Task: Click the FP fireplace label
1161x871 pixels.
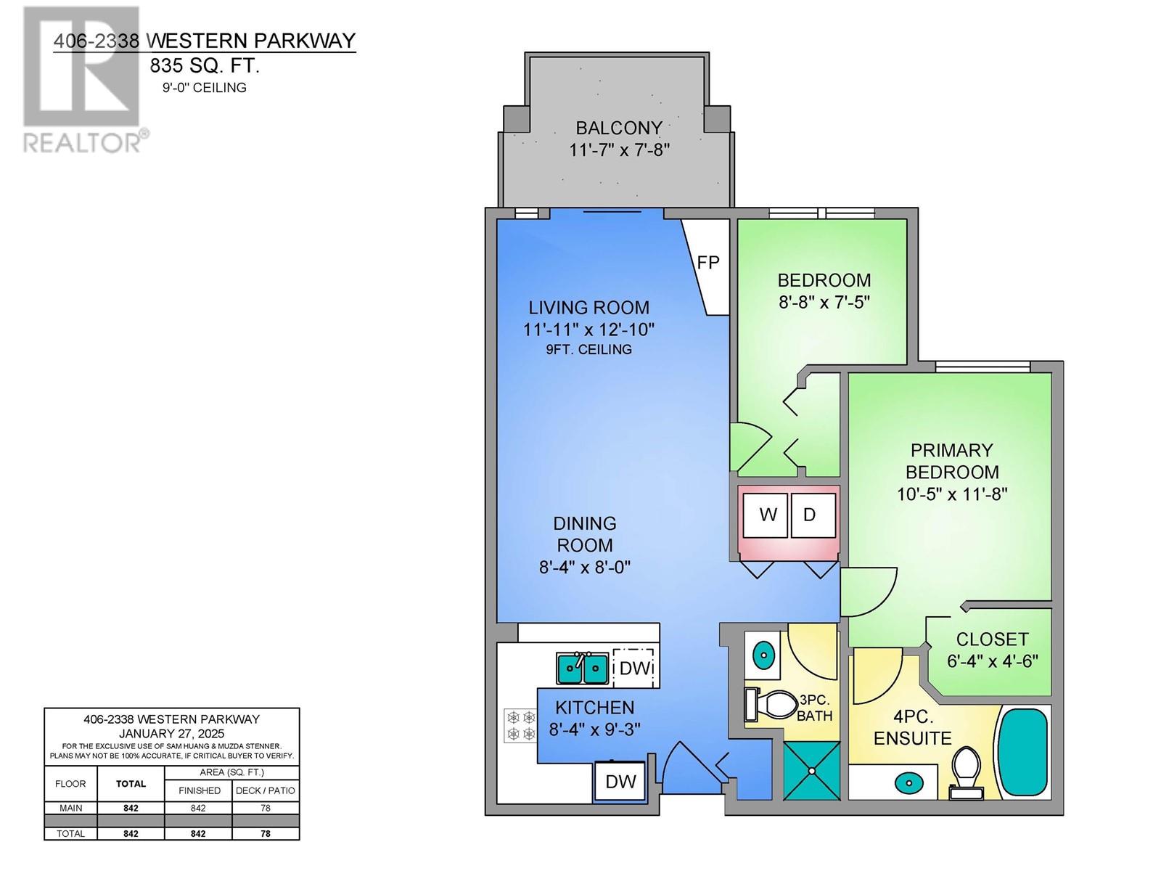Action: point(707,262)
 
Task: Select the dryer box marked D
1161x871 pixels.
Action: point(813,515)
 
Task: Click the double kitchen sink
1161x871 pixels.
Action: point(583,668)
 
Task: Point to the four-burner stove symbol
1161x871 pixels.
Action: point(520,726)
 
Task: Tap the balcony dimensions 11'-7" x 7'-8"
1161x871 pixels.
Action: point(620,150)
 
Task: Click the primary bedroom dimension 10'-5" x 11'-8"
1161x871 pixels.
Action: point(952,494)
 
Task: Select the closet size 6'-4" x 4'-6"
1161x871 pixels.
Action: point(992,661)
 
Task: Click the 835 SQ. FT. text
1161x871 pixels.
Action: point(205,65)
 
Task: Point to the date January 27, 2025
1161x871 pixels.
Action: point(172,734)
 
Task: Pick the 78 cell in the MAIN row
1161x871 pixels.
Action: point(266,808)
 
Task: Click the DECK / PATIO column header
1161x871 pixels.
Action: point(266,790)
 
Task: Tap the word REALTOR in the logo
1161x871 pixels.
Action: point(83,142)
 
